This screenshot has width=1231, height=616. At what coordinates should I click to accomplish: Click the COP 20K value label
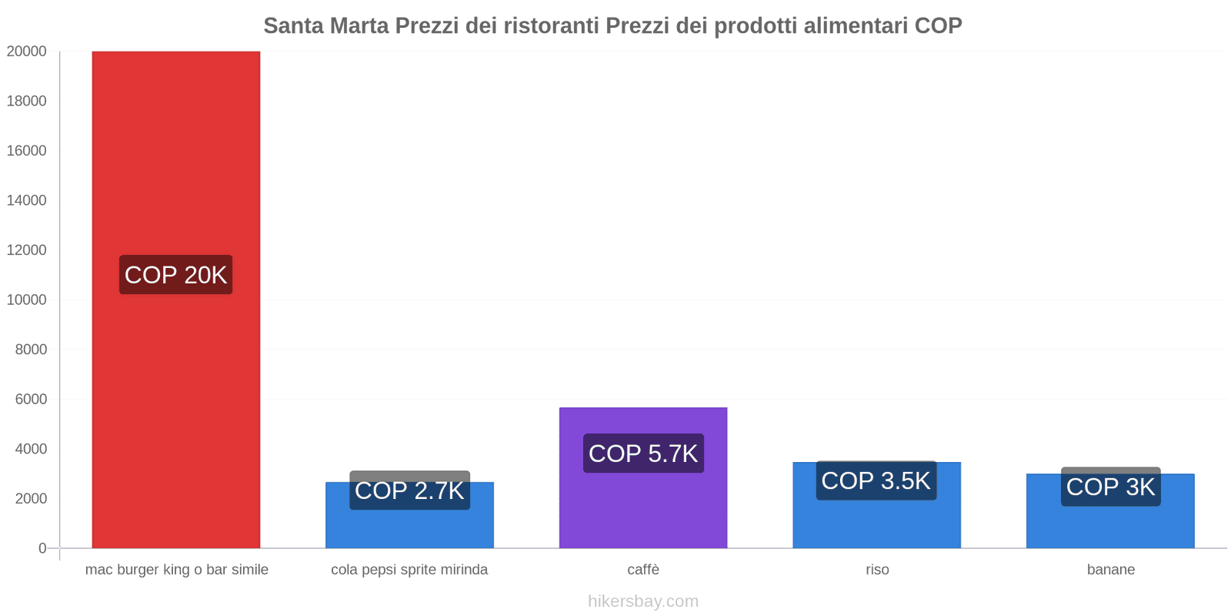click(175, 275)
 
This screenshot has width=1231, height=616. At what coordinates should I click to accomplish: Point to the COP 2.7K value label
click(409, 490)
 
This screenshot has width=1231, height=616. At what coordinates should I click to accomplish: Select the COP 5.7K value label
click(643, 454)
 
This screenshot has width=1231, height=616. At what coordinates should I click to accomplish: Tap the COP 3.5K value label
click(876, 480)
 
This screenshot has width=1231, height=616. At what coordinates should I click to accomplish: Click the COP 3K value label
click(1110, 487)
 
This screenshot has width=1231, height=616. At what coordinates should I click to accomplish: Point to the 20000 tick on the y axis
click(27, 52)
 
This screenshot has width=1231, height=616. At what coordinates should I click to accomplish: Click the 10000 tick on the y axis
click(27, 300)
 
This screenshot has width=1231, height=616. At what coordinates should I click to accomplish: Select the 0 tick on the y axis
click(42, 548)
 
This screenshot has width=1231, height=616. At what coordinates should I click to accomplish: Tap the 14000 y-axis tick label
click(27, 200)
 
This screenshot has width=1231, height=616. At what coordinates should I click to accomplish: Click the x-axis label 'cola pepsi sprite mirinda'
click(409, 570)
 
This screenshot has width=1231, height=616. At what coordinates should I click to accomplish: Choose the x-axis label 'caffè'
click(643, 570)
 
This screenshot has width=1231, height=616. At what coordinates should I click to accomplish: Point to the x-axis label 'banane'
click(1110, 570)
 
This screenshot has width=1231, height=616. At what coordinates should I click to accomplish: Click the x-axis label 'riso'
click(877, 570)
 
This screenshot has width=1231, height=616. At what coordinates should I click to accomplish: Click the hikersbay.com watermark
click(643, 601)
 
